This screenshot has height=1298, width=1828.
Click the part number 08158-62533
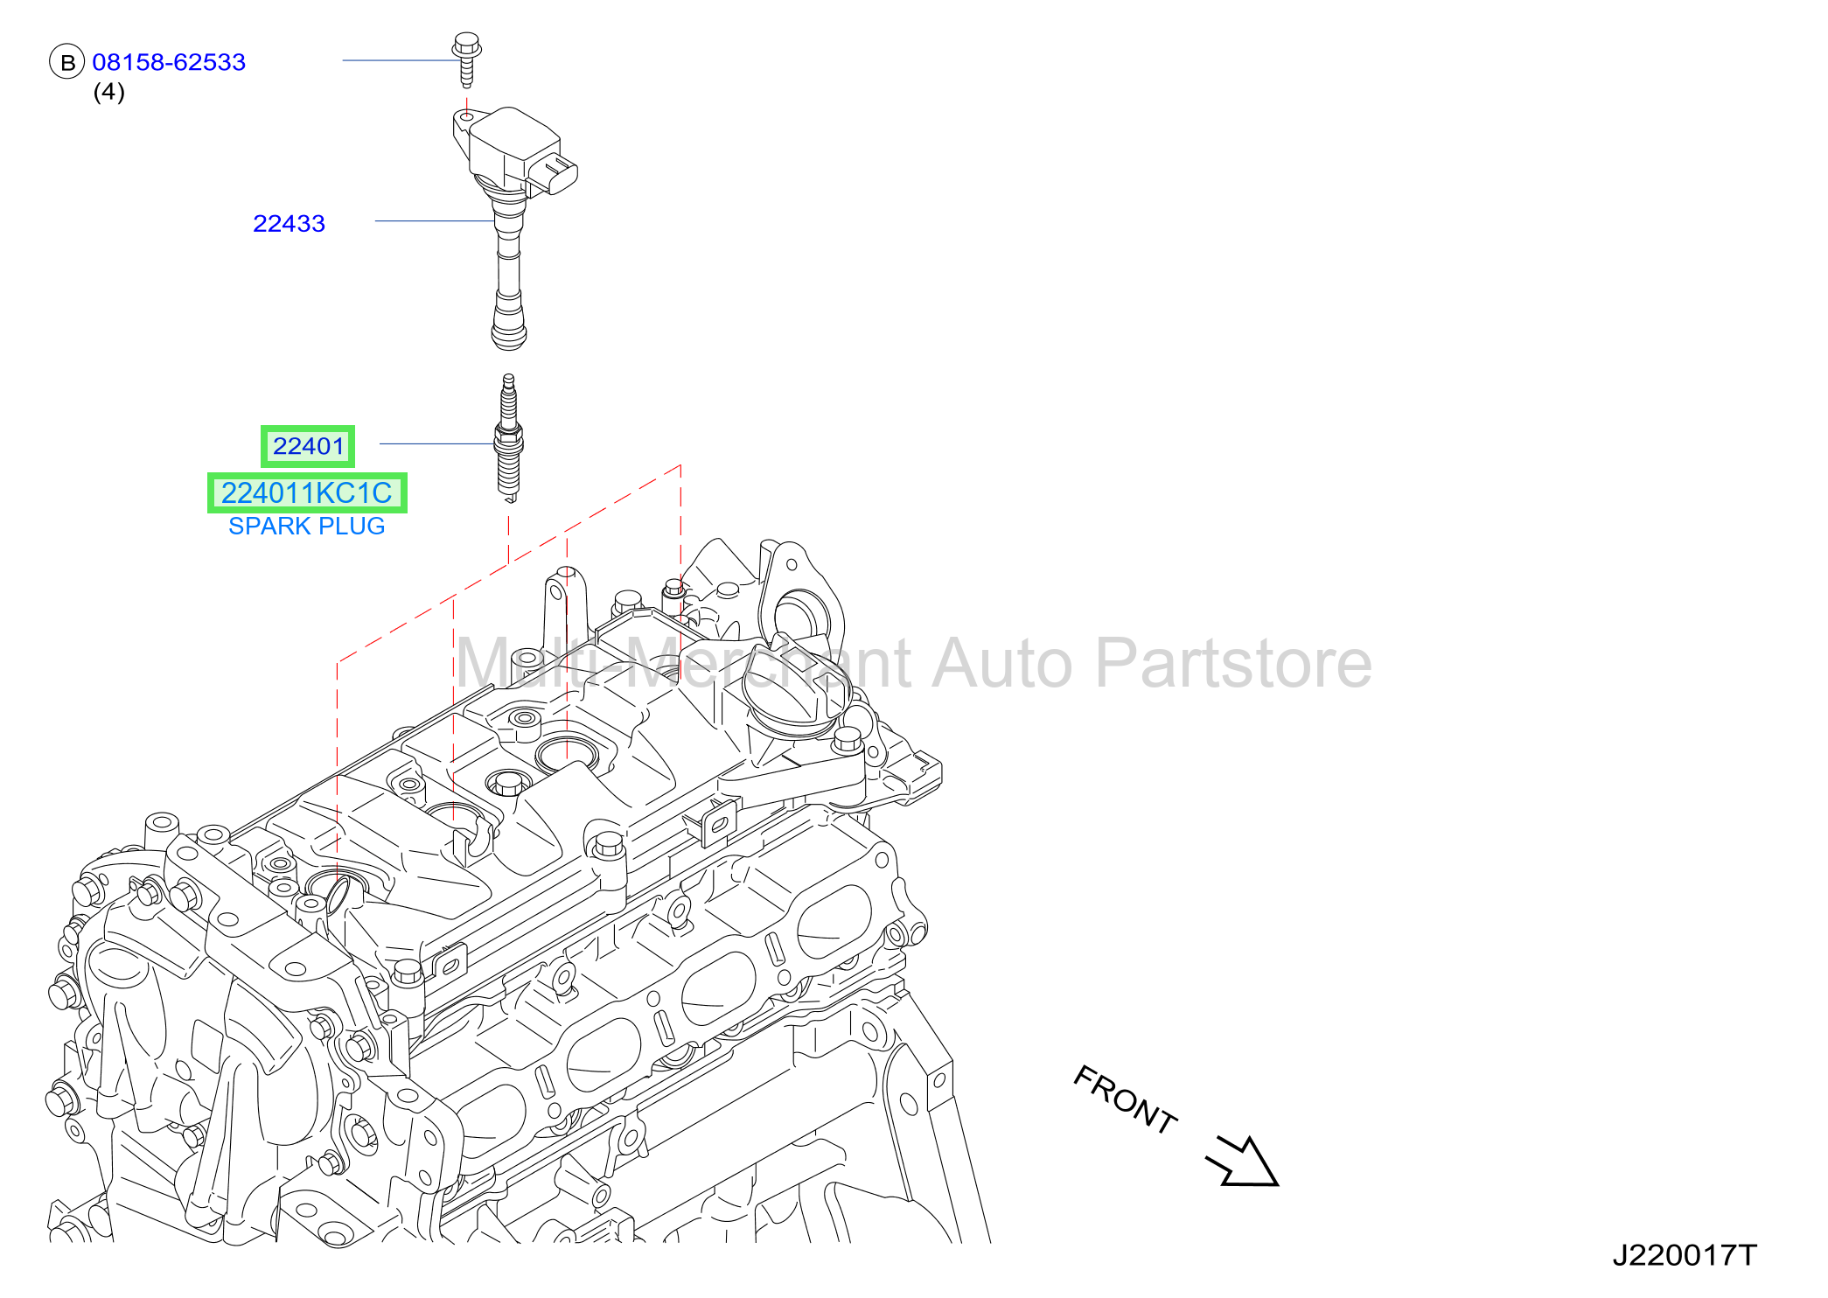coord(169,62)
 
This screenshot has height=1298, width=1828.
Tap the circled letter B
coord(67,62)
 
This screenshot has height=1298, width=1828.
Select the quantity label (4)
coord(109,92)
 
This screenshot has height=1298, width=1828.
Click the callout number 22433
coord(289,223)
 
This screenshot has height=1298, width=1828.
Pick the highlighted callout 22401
coord(308,446)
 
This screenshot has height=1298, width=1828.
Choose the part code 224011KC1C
coord(307,493)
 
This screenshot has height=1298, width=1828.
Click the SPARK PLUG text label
coord(307,526)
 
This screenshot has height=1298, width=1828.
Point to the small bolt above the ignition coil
coord(467,59)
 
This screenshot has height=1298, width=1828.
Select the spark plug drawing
coord(509,438)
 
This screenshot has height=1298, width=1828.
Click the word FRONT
coord(1125,1099)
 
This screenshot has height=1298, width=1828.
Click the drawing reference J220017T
coord(1684,1255)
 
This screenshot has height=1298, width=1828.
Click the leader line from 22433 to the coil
coord(435,221)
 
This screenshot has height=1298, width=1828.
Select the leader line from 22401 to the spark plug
coord(437,443)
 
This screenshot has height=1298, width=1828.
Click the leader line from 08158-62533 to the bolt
coord(399,60)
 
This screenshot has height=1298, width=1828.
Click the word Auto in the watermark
coord(1001,663)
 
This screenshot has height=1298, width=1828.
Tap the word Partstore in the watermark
coord(1233,663)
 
